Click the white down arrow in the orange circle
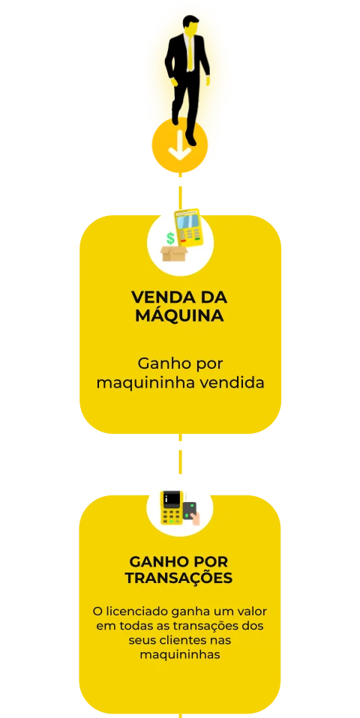click(180, 145)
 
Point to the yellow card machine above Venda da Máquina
click(189, 228)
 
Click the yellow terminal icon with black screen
click(172, 507)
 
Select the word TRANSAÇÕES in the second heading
click(179, 577)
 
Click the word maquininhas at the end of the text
click(180, 655)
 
